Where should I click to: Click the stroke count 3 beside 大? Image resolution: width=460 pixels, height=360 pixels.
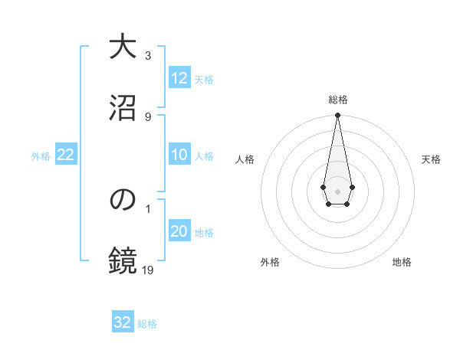[148, 56]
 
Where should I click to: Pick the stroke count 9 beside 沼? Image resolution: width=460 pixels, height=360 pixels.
[148, 116]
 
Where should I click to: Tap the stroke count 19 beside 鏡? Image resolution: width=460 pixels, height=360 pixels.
[149, 270]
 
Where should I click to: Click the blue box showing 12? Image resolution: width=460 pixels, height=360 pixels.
[179, 78]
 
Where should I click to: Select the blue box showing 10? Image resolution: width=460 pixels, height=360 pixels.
[179, 155]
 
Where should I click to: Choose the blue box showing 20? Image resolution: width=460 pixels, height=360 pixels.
[179, 232]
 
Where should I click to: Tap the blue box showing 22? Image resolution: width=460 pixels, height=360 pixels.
[66, 155]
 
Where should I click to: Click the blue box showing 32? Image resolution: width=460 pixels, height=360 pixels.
[123, 322]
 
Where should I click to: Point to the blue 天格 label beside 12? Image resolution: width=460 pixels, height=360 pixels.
[204, 79]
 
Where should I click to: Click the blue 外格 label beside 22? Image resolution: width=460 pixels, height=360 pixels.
[41, 155]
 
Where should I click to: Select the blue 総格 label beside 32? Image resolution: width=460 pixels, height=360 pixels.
[147, 323]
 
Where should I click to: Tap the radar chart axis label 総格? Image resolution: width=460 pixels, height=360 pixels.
[337, 100]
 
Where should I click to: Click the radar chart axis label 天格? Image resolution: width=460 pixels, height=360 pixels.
[431, 159]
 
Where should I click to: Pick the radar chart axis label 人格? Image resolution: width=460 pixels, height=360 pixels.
[245, 159]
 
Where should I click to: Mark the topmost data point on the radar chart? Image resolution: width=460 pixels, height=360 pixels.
[337, 116]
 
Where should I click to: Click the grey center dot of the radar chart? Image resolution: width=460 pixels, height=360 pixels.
[337, 190]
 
